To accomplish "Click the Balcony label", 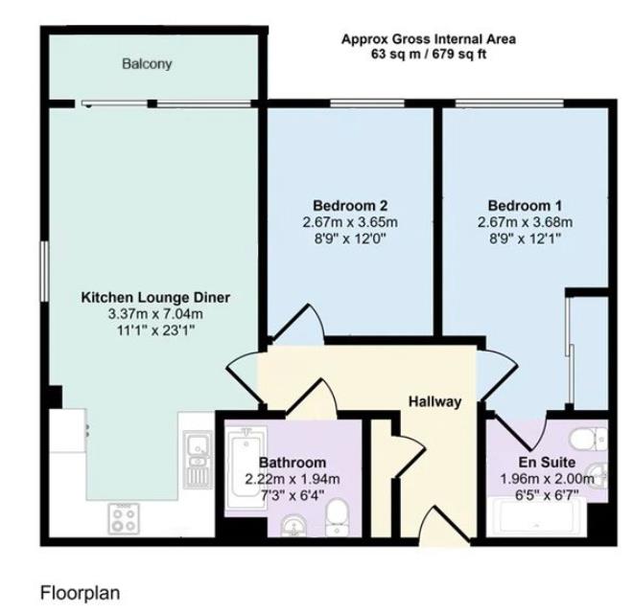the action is pos(147,64).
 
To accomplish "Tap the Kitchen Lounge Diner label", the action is pos(155,297).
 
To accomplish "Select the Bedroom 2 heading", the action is pos(350,206).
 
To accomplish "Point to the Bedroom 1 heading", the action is pos(525,206).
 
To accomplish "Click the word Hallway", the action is pos(434,401).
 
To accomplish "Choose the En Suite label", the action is pos(547,463).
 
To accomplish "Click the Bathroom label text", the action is pos(293,463).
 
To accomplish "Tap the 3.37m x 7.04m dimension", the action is pos(155,314).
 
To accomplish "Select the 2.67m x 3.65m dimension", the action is pos(350,222).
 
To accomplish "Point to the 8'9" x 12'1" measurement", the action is pos(525,239).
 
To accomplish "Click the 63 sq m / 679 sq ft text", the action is pos(429,54).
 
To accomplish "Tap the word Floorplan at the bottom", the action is pos(80,593).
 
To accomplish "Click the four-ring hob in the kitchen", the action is pos(124,518).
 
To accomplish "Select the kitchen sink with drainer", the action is pos(198,460).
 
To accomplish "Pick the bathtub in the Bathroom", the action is pos(246,467).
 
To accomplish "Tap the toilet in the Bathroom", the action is pos(337,518).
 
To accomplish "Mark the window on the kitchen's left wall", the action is pos(44,271).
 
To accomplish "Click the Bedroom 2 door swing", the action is pos(296,324).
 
